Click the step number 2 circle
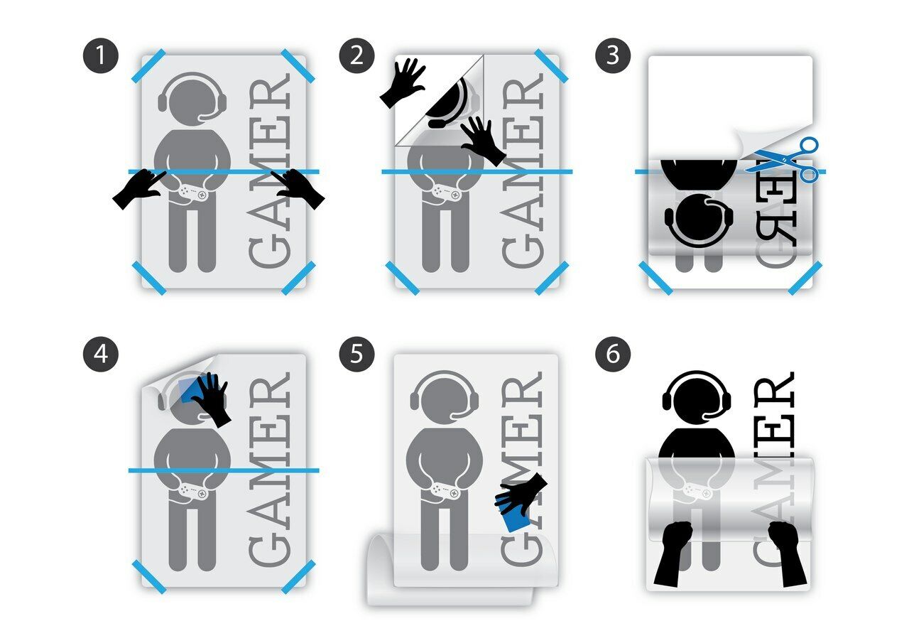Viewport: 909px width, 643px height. tap(356, 57)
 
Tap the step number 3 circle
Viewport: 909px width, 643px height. tap(613, 57)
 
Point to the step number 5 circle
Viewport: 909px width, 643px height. tap(356, 354)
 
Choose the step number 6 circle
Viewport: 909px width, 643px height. tap(613, 354)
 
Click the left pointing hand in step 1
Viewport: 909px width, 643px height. tap(138, 190)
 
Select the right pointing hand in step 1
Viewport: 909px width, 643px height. tap(298, 190)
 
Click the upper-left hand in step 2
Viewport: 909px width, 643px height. tap(403, 82)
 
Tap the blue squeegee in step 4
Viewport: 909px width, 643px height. tap(190, 390)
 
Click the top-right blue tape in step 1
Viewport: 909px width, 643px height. tap(298, 65)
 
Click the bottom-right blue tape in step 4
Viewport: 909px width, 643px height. tap(298, 576)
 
